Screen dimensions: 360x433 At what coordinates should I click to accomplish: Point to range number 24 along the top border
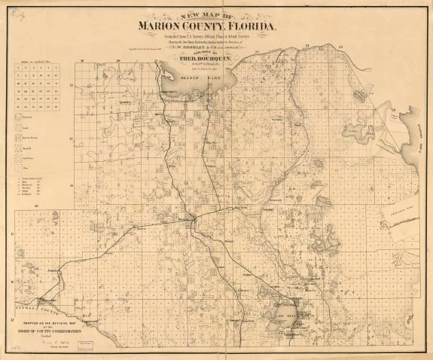coord(310,47)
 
